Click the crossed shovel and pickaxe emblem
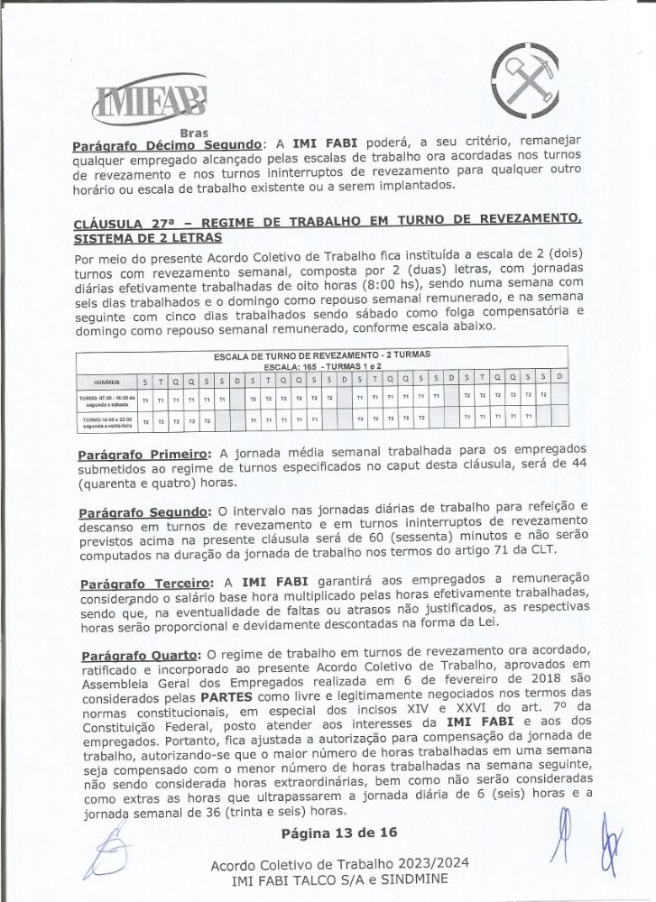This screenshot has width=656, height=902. tap(529, 86)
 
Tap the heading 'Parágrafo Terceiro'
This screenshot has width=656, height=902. tap(145, 581)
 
